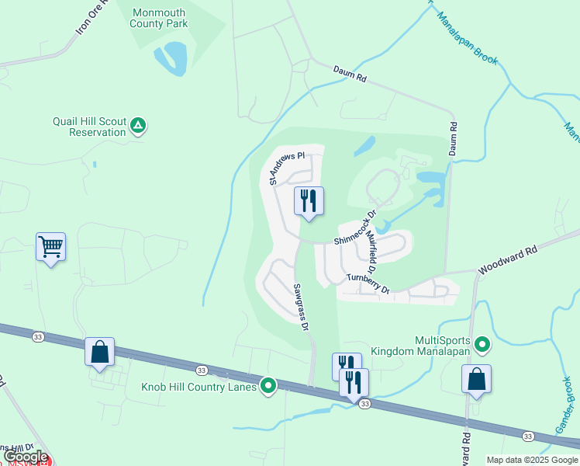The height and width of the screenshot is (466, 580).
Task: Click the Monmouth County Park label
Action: point(160,18)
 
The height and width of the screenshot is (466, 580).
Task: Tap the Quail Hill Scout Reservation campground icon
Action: point(138,124)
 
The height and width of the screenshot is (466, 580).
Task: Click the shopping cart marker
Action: point(50,247)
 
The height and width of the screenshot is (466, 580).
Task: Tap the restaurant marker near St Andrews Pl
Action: point(309,201)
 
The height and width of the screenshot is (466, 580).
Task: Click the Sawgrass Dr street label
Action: point(301,308)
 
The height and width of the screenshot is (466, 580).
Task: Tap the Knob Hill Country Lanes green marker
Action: point(268,385)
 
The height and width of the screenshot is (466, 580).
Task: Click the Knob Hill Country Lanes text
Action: point(199,387)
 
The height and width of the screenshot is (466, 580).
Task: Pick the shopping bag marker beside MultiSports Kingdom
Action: point(476,380)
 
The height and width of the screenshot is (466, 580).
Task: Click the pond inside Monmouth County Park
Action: point(171,59)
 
